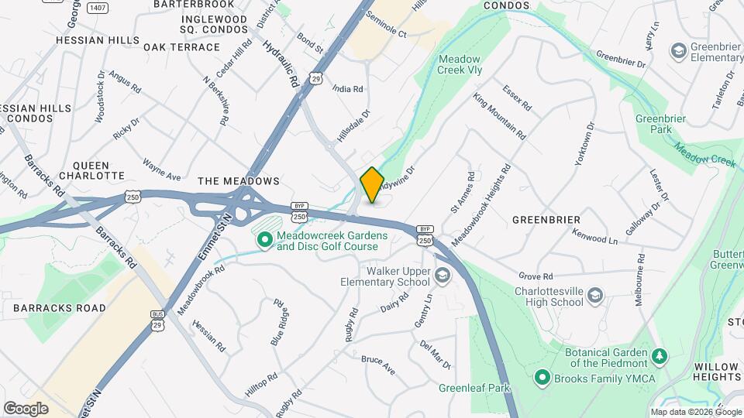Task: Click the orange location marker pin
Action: (x=372, y=184)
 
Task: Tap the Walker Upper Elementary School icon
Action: (x=442, y=276)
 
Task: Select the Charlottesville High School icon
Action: (x=594, y=296)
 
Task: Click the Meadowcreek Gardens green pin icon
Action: (x=264, y=241)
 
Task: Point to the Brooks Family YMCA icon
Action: (x=542, y=378)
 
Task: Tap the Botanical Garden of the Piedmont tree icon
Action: (x=660, y=356)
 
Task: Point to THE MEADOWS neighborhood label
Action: (x=238, y=181)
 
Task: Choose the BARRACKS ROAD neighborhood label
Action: (x=59, y=308)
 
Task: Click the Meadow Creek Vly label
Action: (x=460, y=65)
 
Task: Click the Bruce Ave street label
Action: (x=378, y=365)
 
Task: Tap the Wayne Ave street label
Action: (x=161, y=170)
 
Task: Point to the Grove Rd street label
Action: (x=536, y=276)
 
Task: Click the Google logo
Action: (x=26, y=408)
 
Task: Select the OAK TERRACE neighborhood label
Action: (x=181, y=47)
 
